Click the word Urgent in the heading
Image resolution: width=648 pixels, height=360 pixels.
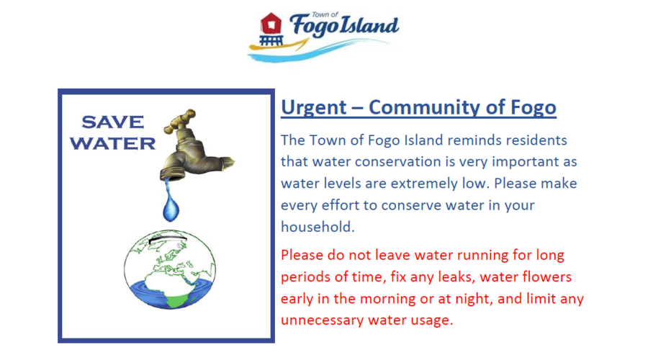pyautogui.click(x=314, y=107)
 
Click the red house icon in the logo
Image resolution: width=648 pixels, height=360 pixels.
pyautogui.click(x=271, y=23)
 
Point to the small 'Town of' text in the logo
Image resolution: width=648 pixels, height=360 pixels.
pyautogui.click(x=325, y=15)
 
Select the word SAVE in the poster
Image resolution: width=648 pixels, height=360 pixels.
pyautogui.click(x=113, y=122)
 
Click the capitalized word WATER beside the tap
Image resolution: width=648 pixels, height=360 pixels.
pyautogui.click(x=112, y=143)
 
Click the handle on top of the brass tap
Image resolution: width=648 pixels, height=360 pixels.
pyautogui.click(x=181, y=121)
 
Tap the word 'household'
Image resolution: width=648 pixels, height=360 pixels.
pyautogui.click(x=318, y=227)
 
